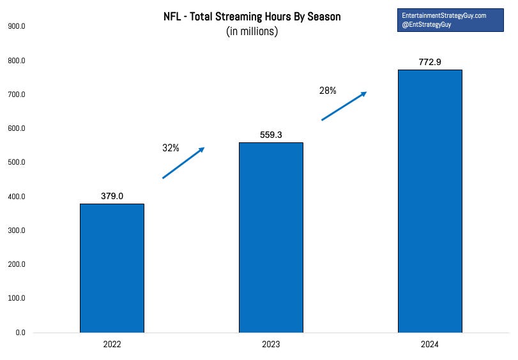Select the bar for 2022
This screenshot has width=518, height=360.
pyautogui.click(x=112, y=268)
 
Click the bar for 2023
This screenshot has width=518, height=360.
pyautogui.click(x=271, y=237)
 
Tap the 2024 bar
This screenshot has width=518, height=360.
pyautogui.click(x=430, y=201)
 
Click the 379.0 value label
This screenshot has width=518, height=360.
pyautogui.click(x=112, y=196)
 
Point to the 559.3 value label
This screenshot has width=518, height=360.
pyautogui.click(x=271, y=135)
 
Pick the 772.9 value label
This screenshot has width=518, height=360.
pyautogui.click(x=430, y=62)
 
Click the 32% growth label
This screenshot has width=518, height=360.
pyautogui.click(x=171, y=148)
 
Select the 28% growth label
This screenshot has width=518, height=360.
pyautogui.click(x=328, y=91)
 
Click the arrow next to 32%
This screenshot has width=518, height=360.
pyautogui.click(x=183, y=163)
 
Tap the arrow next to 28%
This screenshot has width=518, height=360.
pyautogui.click(x=344, y=106)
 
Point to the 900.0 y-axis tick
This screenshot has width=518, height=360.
pyautogui.click(x=17, y=26)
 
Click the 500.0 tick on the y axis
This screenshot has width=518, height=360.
pyautogui.click(x=17, y=162)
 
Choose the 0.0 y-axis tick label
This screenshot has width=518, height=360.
pyautogui.click(x=20, y=333)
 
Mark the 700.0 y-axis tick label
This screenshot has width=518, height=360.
pyautogui.click(x=17, y=94)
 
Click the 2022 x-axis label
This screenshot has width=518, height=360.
pyautogui.click(x=112, y=345)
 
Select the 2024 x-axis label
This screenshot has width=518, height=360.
pyautogui.click(x=429, y=345)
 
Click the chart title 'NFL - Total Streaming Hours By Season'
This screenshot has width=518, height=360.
pyautogui.click(x=252, y=17)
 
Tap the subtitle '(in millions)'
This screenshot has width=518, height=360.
pyautogui.click(x=252, y=31)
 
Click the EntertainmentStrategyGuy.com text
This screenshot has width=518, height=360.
pyautogui.click(x=444, y=15)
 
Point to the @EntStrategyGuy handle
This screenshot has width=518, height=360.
pyautogui.click(x=427, y=24)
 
